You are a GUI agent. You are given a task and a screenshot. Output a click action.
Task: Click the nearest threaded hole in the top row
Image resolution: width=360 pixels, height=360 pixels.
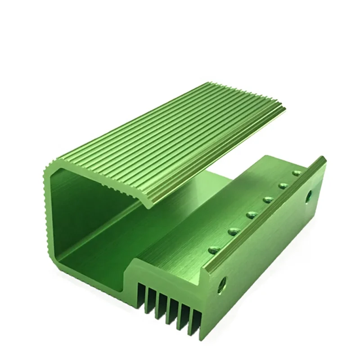(x=212, y=248)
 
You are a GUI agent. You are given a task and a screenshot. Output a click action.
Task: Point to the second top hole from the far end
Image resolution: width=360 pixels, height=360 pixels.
(x=283, y=185)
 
